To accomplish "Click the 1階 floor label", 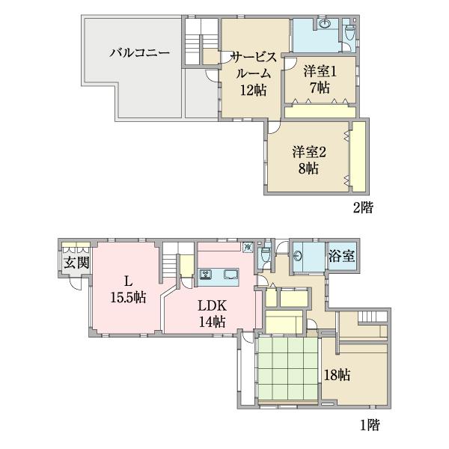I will click(369, 426).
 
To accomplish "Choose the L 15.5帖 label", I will click(128, 289).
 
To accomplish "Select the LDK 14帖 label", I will click(211, 314).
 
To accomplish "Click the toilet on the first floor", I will click(266, 256).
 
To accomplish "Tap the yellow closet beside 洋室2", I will click(358, 156).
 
